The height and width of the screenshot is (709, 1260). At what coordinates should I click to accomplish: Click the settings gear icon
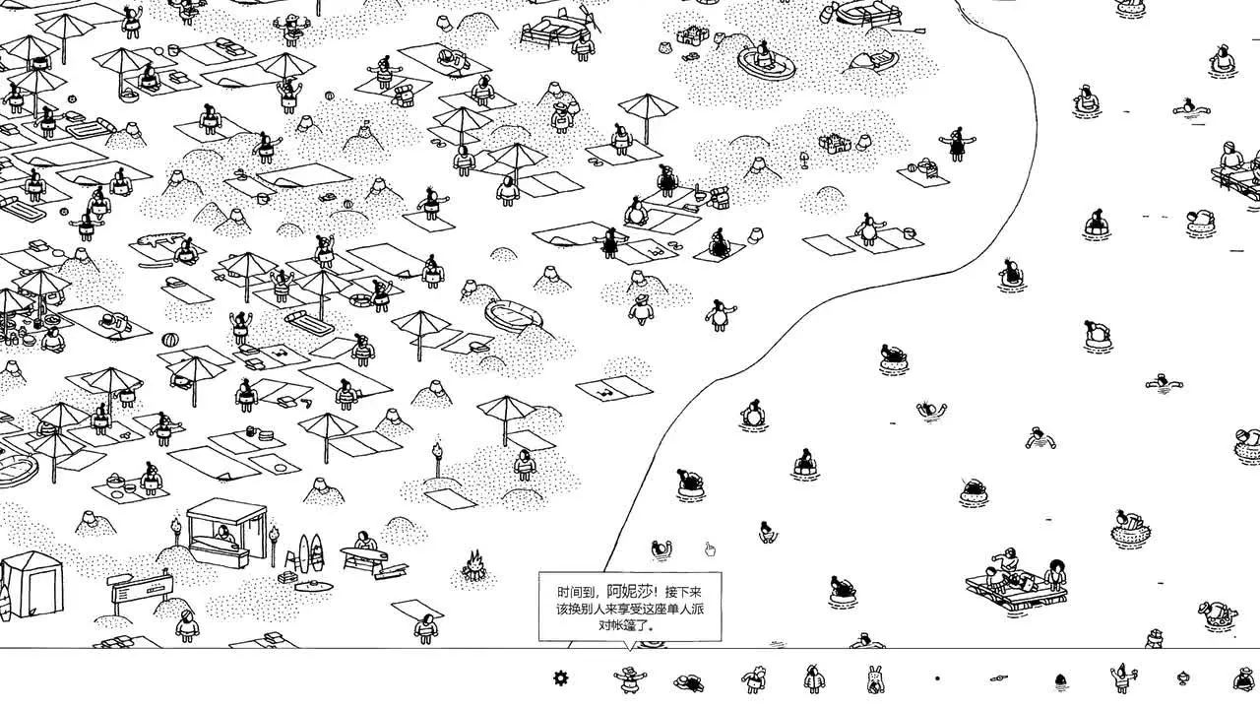pos(561,677)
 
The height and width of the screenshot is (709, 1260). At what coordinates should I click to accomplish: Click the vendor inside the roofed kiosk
pos(225,535)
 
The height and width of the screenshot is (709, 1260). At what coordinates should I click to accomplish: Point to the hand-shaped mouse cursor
pos(710,549)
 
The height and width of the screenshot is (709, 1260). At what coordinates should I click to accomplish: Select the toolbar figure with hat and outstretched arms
pos(630,677)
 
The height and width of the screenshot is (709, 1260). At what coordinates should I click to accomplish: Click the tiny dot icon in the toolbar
pos(937,677)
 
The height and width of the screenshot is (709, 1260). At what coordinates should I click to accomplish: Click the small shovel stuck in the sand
pos(804,159)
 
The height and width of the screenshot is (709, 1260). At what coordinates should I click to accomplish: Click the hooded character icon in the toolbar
pos(813,677)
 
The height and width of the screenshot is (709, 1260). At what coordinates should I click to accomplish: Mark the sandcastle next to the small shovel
pos(833,145)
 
